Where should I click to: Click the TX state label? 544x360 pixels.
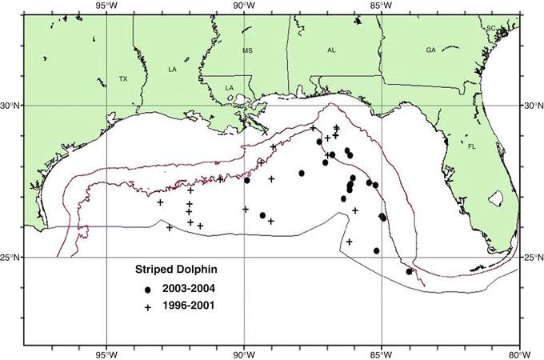(123, 79)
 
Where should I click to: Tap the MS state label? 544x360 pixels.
(247, 50)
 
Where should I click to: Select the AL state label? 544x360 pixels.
(331, 50)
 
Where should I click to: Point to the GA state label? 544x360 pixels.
(430, 50)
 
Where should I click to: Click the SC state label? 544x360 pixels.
(491, 28)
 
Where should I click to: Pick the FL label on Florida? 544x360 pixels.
(471, 146)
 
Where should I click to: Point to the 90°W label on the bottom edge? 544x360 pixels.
(244, 354)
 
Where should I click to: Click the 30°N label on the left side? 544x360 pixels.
(12, 105)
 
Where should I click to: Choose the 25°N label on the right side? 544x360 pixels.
(532, 258)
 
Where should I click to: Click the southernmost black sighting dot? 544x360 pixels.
(410, 271)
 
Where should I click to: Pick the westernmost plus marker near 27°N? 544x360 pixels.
(161, 202)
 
